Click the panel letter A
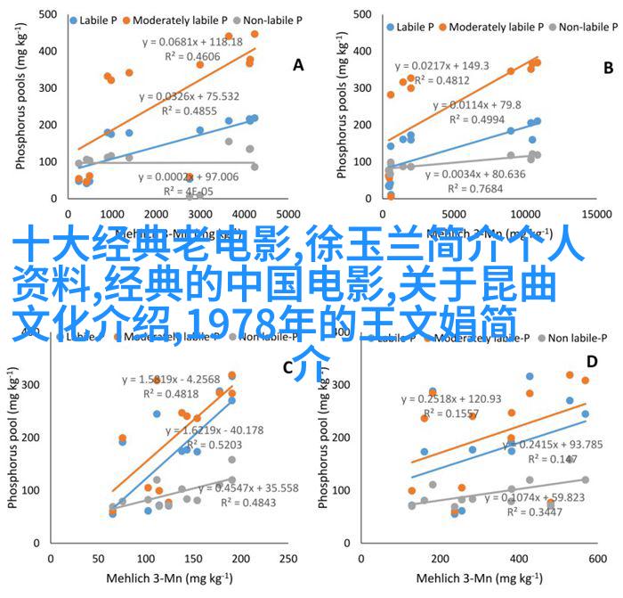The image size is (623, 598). (298, 64)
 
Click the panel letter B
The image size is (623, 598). (608, 67)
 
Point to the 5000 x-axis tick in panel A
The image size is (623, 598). (287, 216)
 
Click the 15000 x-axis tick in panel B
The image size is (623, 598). (601, 216)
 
